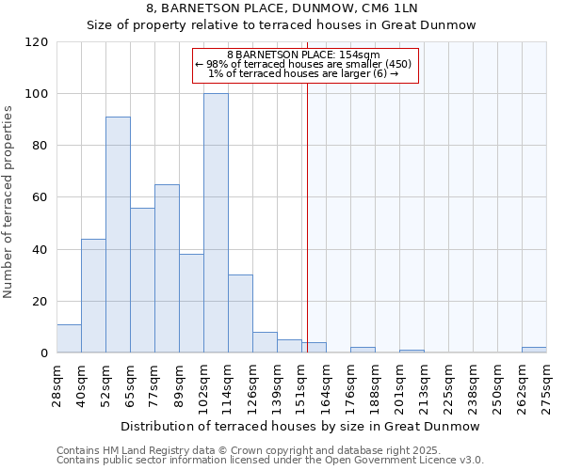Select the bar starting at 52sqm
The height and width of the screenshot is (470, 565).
point(118,235)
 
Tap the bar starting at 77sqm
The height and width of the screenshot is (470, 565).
point(167,269)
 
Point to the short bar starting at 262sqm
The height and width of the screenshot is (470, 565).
point(534,350)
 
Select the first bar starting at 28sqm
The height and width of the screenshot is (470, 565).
point(69,338)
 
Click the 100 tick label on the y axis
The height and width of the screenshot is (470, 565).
point(37,94)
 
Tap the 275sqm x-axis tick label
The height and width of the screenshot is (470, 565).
point(547,386)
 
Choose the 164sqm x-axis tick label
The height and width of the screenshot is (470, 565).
point(327,386)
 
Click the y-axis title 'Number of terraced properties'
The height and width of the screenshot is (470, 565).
point(8,202)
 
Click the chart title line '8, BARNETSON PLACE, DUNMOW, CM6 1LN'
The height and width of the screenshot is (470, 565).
point(282,8)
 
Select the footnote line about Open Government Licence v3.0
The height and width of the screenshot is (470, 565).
point(270,461)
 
